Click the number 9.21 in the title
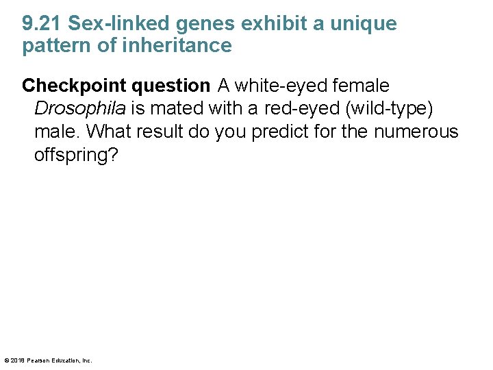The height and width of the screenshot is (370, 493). click(x=42, y=24)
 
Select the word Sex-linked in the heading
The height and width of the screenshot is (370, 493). click(x=120, y=24)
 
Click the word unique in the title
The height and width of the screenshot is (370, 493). click(x=364, y=24)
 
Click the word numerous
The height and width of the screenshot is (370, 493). click(x=416, y=132)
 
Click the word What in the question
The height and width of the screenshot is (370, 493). click(x=110, y=132)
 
